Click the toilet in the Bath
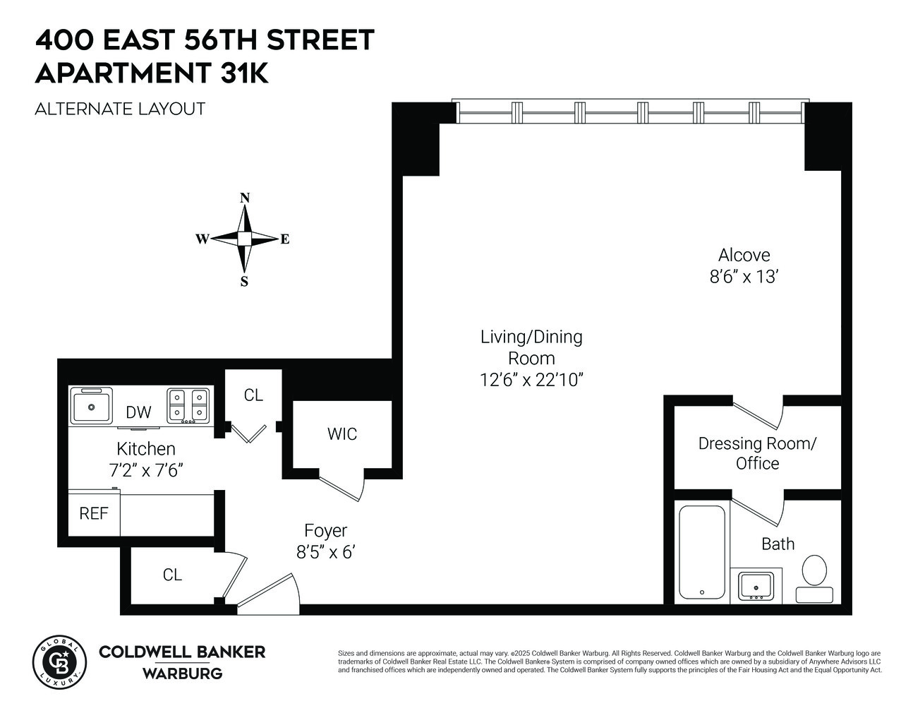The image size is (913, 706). point(814,575)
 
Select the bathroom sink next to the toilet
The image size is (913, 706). point(756,585)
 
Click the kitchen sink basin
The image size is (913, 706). point(92,407)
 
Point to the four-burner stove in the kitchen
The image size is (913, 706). point(188,406)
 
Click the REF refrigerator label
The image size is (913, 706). point(94,514)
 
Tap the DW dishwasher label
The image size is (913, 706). point(138,412)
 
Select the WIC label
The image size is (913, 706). point(341,434)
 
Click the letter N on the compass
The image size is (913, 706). point(245,198)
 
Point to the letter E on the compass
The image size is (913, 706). point(285,239)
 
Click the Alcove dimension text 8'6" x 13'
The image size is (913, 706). point(743,277)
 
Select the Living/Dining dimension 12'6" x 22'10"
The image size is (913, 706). point(531,379)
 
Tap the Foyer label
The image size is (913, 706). point(325,530)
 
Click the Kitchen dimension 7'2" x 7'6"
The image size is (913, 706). point(145,469)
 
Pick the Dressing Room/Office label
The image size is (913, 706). point(757,453)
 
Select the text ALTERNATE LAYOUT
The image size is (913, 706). point(120,109)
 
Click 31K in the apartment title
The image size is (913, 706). point(244,73)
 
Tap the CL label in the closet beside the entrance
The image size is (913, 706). point(172,575)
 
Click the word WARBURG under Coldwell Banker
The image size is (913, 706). point(182,674)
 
